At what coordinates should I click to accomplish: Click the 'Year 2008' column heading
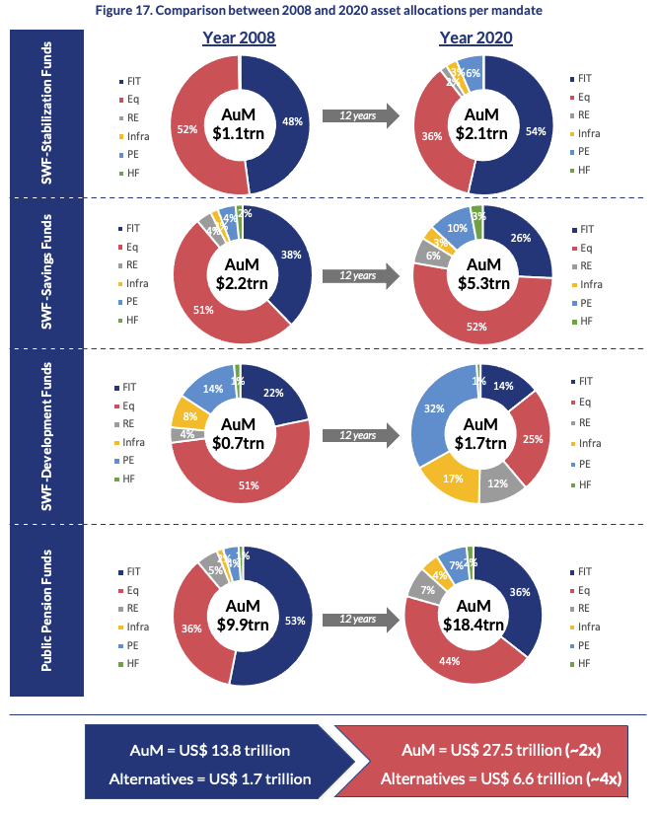[239, 38]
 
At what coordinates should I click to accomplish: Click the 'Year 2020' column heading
[475, 38]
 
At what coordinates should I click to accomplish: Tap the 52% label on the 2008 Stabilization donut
[187, 129]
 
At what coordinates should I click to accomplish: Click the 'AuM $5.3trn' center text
[482, 273]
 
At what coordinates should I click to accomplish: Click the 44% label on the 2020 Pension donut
[450, 659]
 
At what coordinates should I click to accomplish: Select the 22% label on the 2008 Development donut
[273, 393]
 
